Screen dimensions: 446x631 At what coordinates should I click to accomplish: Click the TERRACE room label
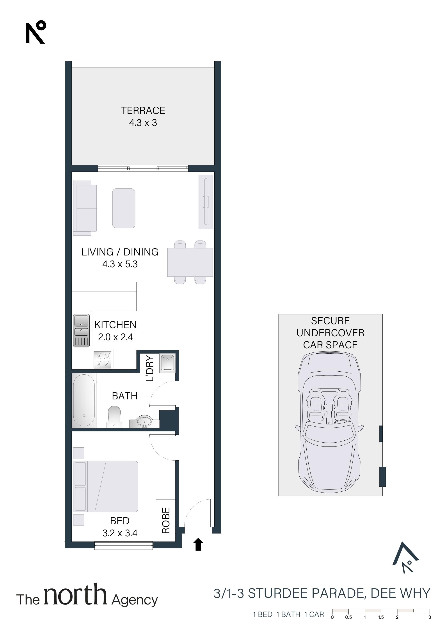143,110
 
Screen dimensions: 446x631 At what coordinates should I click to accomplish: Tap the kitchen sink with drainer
81,331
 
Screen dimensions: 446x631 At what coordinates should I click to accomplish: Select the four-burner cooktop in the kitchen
103,360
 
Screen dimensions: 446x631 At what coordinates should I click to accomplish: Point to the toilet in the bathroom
114,417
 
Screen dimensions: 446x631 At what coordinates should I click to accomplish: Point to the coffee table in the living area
124,208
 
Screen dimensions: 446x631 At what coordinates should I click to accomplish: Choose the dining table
190,262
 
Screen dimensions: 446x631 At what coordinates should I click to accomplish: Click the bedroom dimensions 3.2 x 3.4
120,533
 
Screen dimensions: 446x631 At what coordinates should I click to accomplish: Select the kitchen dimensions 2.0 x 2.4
115,337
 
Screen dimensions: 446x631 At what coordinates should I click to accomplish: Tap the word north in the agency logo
75,594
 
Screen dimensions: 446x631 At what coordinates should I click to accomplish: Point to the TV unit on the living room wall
206,202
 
